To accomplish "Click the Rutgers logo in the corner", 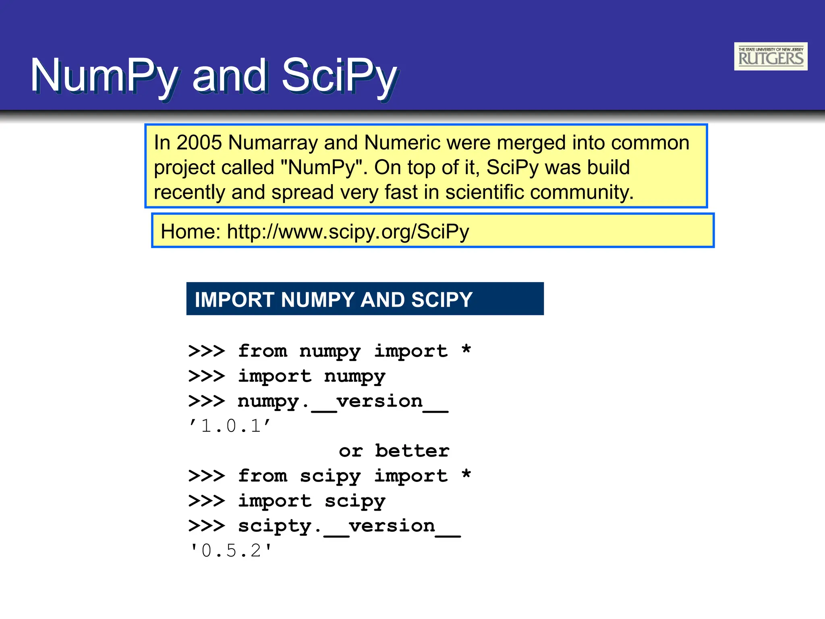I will pos(770,56).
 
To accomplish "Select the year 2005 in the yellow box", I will pos(199,143).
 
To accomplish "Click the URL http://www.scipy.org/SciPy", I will pos(348,232).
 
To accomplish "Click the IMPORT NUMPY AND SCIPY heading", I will pos(334,299).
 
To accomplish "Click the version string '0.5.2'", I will pos(231,550).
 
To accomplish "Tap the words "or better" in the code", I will pos(394,451).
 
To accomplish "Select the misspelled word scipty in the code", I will pos(275,526).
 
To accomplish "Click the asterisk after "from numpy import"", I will pos(466,349).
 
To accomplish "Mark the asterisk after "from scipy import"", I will pos(466,474).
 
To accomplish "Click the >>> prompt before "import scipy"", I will pos(206,501).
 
